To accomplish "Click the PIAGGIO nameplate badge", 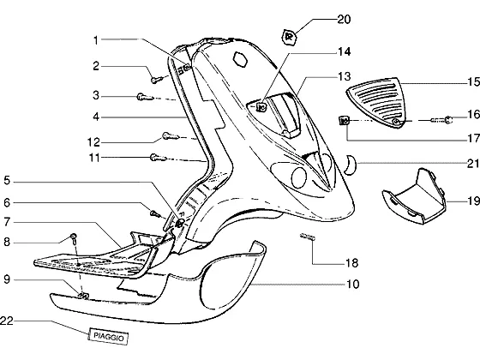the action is tap(108, 336).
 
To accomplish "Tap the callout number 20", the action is tap(344, 19).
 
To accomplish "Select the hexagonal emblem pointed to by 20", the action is tap(289, 38).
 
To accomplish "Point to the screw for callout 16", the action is tap(442, 120).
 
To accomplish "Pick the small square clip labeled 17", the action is tap(344, 120).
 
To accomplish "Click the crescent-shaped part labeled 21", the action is tap(350, 164).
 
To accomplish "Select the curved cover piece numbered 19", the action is tap(414, 196).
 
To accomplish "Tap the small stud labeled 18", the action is tap(308, 237).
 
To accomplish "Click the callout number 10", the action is tap(352, 284).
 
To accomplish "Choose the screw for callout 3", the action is tap(145, 97).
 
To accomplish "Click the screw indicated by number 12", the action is tap(171, 136).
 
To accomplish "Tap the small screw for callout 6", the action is tap(155, 213).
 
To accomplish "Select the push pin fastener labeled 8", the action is tap(74, 238).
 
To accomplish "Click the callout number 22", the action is tap(7, 321).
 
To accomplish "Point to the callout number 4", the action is tap(96, 117).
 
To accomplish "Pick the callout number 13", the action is tap(344, 76).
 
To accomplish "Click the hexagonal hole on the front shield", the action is tap(240, 59).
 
